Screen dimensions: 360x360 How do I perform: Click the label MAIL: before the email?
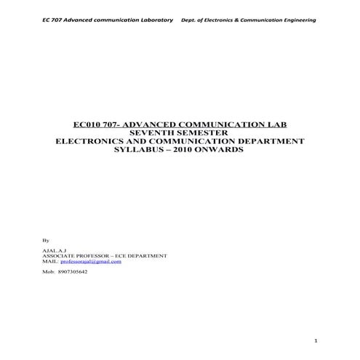(x=50, y=262)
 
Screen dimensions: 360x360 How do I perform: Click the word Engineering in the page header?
(x=300, y=20)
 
